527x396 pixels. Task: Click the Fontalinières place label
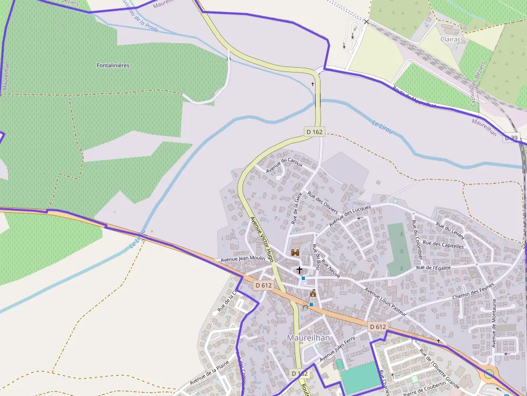click(x=113, y=66)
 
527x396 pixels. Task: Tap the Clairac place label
click(x=450, y=39)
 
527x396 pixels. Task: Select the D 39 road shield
click(x=512, y=139)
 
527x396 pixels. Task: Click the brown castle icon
click(x=295, y=252)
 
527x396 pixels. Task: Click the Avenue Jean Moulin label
click(x=243, y=259)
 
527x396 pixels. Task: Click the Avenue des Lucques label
click(x=350, y=215)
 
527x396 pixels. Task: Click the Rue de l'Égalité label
click(x=433, y=267)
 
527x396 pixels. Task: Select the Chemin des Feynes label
click(x=474, y=293)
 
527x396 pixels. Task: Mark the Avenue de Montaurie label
click(x=494, y=323)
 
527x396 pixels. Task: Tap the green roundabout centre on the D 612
click(x=488, y=373)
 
